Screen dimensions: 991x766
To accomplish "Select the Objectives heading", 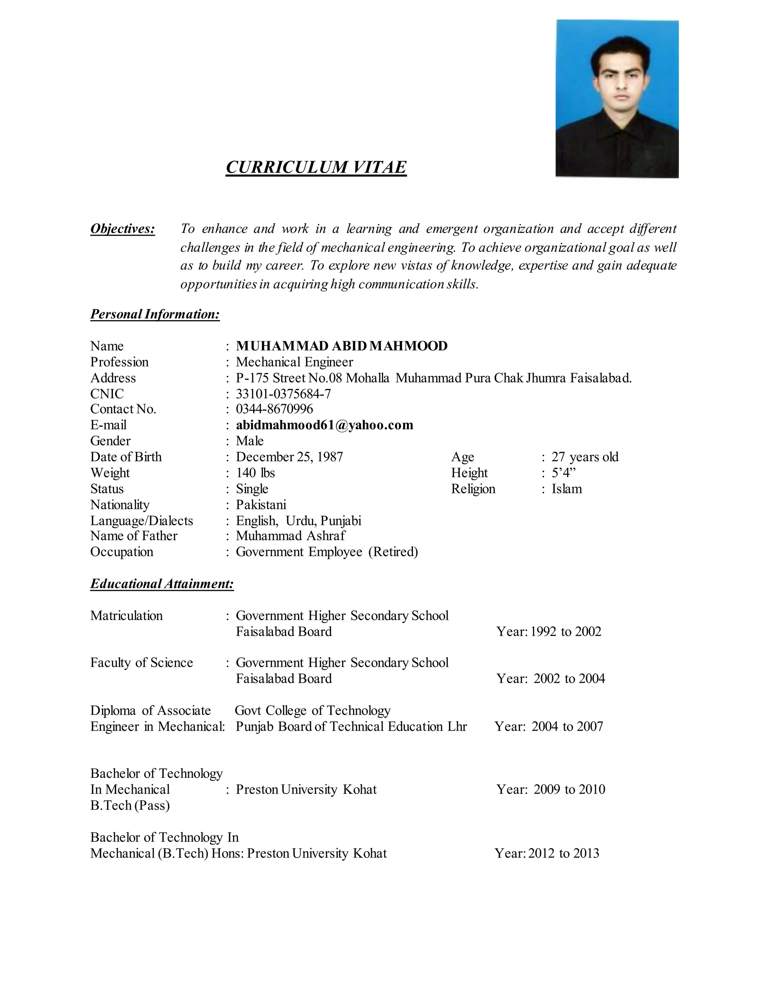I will point(123,229).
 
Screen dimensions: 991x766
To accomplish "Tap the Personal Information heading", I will point(155,314).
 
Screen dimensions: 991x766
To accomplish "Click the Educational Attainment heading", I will point(162,583).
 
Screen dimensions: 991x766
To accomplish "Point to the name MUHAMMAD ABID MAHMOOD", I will point(341,346).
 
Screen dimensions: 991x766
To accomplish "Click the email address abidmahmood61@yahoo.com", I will point(324,425).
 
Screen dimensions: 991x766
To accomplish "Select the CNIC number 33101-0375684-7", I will point(283,394).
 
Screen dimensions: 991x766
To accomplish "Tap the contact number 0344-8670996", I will point(274,409).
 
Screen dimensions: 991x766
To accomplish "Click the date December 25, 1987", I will point(289,457).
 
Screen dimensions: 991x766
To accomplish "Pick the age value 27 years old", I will point(585,457).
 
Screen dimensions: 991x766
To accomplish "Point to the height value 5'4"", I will point(563,473).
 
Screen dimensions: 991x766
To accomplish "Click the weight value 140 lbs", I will point(255,473).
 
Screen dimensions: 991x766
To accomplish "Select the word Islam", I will point(566,489).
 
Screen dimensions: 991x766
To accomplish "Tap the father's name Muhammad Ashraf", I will point(290,536).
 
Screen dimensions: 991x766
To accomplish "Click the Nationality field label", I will point(120,504).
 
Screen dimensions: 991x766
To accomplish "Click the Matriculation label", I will point(126,616).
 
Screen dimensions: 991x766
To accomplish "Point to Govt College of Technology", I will point(312,711).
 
